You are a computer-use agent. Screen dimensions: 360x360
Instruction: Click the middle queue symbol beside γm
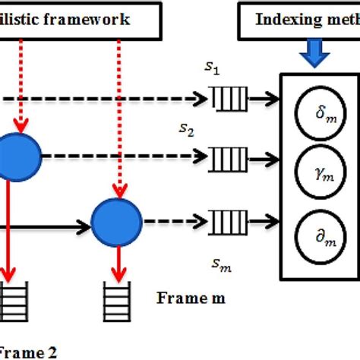click(x=226, y=159)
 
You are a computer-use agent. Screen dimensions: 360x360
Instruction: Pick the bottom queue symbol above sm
click(x=226, y=223)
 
